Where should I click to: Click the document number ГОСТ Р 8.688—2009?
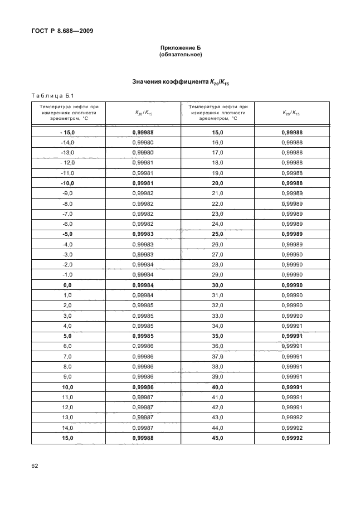tap(62, 31)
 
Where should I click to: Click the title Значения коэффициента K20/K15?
tap(181, 83)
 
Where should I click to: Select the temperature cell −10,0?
tap(68, 183)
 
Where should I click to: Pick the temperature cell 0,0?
tap(68, 285)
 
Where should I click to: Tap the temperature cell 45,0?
tap(217, 438)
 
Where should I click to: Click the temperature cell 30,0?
tap(217, 285)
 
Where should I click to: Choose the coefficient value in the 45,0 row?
tap(291, 438)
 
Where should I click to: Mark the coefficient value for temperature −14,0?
tap(143, 143)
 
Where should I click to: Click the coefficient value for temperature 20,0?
tap(291, 183)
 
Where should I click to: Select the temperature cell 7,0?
tap(68, 356)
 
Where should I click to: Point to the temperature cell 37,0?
tap(217, 356)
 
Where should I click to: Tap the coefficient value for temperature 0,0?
tap(143, 285)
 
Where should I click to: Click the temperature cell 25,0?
tap(217, 234)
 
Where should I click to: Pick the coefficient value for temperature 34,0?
tap(291, 326)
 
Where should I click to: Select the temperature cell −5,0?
tap(68, 234)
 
